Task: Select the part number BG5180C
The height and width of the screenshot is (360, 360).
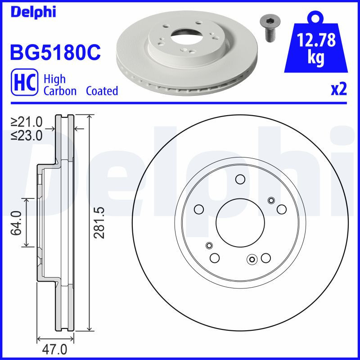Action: coord(55,53)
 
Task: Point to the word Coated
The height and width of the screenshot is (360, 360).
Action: coord(102,91)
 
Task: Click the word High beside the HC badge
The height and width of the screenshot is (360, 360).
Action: coord(54,79)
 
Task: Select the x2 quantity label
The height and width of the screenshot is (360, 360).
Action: coord(339,90)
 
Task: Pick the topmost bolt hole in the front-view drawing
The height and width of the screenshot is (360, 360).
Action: coord(240,180)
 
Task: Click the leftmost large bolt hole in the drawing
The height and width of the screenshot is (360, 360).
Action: coord(198,209)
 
